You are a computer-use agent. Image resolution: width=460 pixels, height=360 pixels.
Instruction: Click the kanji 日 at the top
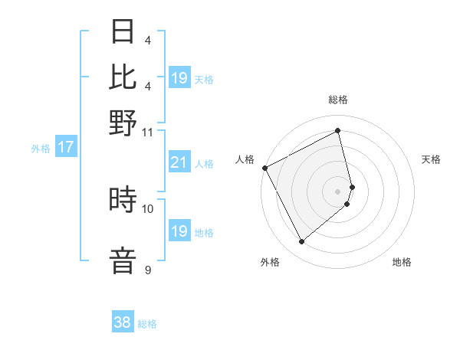pyautogui.click(x=123, y=32)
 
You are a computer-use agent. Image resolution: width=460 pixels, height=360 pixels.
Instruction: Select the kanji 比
pyautogui.click(x=123, y=77)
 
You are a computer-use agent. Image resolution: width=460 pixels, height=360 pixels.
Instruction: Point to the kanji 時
pyautogui.click(x=123, y=200)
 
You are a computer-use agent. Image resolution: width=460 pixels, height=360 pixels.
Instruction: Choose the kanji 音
pyautogui.click(x=123, y=260)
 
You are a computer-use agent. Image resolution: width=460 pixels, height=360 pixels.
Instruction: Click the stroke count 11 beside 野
pyautogui.click(x=148, y=132)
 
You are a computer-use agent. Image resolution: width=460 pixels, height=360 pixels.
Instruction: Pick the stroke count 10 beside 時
pyautogui.click(x=148, y=208)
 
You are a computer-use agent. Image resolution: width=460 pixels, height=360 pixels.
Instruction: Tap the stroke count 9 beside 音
pyautogui.click(x=148, y=270)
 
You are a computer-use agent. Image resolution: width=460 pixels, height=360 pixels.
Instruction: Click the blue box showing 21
pyautogui.click(x=179, y=162)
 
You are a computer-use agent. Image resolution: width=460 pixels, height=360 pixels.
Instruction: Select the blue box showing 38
pyautogui.click(x=123, y=322)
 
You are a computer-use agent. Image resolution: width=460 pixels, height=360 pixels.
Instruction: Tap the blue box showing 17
pyautogui.click(x=65, y=147)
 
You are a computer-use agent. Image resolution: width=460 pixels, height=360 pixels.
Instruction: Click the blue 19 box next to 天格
pyautogui.click(x=179, y=78)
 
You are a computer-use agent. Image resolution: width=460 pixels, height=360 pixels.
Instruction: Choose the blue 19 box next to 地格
pyautogui.click(x=179, y=231)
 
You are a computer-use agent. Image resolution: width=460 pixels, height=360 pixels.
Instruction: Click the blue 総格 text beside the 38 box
pyautogui.click(x=147, y=324)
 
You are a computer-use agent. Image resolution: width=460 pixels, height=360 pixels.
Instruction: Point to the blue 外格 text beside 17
pyautogui.click(x=40, y=149)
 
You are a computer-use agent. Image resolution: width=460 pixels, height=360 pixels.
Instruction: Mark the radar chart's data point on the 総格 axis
pyautogui.click(x=338, y=130)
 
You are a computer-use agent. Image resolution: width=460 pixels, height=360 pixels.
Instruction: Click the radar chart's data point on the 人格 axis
pyautogui.click(x=264, y=167)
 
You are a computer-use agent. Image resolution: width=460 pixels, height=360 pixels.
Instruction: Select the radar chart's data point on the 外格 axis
pyautogui.click(x=301, y=241)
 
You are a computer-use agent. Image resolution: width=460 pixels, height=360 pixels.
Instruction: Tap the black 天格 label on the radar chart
pyautogui.click(x=431, y=159)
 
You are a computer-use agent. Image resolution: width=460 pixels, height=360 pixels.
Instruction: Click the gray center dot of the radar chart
pyautogui.click(x=338, y=191)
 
